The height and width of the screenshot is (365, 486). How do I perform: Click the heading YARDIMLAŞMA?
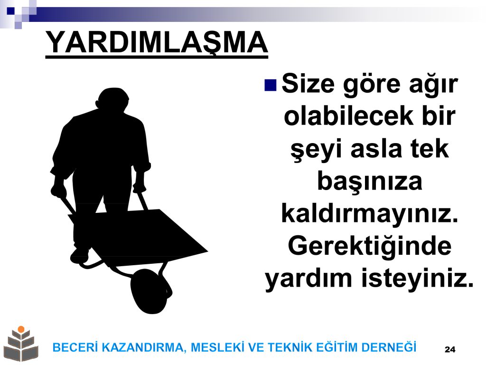point(157,42)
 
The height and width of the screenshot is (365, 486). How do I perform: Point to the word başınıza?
point(370,182)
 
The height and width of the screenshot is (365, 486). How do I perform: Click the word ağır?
point(433,84)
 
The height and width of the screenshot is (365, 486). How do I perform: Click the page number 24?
point(450,349)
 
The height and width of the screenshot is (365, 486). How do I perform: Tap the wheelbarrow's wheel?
point(151,291)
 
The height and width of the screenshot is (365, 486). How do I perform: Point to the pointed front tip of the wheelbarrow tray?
point(207,251)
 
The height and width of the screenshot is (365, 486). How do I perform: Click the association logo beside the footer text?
point(21,344)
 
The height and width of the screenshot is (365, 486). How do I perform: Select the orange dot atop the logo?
point(21,329)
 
